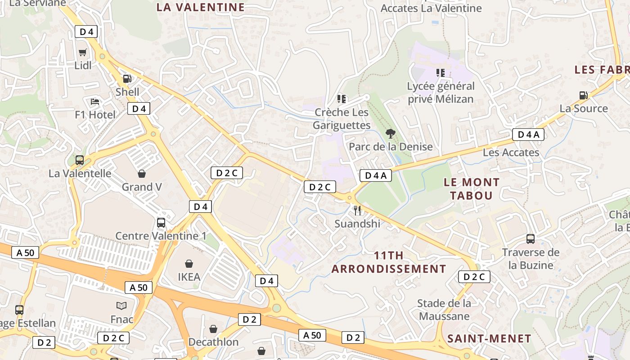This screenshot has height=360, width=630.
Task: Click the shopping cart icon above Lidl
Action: click(x=82, y=53)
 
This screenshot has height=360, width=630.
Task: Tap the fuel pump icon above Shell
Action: click(x=127, y=79)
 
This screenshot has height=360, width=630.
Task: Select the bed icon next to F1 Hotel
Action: click(x=95, y=102)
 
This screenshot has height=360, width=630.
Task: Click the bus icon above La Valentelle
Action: click(x=80, y=160)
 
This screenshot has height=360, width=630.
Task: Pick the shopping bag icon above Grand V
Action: click(x=142, y=174)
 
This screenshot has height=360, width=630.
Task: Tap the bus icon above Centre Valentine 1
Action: click(x=161, y=222)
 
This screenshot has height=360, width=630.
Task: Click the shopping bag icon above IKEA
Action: click(x=189, y=264)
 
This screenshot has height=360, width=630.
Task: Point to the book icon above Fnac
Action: click(x=121, y=306)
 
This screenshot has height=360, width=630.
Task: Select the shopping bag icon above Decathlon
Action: click(x=213, y=329)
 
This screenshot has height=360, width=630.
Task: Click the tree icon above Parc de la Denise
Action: click(x=391, y=133)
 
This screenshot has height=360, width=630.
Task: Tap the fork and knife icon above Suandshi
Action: click(x=357, y=210)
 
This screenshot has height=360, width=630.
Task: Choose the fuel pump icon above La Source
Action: click(x=584, y=95)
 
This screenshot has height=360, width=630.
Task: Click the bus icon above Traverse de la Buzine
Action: click(x=531, y=239)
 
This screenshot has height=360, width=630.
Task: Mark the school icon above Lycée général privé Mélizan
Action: click(x=441, y=72)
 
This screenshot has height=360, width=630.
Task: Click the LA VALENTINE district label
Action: click(x=201, y=7)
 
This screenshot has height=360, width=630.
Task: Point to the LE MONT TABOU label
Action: click(x=472, y=189)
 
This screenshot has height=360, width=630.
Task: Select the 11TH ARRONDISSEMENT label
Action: click(x=389, y=262)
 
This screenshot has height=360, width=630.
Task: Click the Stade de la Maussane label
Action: click(x=444, y=310)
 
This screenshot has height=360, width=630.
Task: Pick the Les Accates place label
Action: click(x=511, y=153)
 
